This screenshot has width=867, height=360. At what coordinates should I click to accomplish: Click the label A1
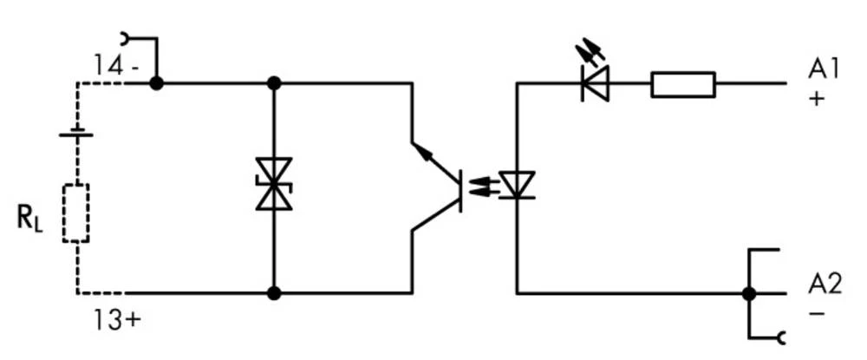(x=825, y=69)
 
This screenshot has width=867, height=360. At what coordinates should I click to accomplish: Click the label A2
(x=825, y=284)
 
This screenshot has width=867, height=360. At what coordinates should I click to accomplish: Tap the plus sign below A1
(x=816, y=98)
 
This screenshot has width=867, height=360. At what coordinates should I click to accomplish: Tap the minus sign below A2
(x=816, y=312)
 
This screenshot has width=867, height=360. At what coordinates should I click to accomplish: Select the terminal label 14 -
(x=114, y=64)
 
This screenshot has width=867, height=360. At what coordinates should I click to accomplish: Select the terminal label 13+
(x=117, y=320)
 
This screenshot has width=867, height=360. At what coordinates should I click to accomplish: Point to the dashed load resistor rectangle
(x=76, y=213)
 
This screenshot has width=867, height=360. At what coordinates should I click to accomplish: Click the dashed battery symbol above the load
(x=76, y=134)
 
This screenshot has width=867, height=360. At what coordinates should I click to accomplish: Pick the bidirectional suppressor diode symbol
(x=274, y=184)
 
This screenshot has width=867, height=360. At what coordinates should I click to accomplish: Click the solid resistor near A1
(x=683, y=84)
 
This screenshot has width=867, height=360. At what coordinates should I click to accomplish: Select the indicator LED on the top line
(x=595, y=83)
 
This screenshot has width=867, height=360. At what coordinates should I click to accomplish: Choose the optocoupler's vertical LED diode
(x=518, y=185)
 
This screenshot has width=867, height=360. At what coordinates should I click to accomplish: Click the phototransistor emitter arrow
(x=425, y=154)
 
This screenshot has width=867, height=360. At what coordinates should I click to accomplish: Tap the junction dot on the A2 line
(x=747, y=294)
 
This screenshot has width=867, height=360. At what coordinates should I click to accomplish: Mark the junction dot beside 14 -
(x=156, y=83)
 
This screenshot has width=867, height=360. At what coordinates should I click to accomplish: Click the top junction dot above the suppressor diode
(x=274, y=83)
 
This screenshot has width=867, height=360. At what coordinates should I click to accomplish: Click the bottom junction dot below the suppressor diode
(x=274, y=294)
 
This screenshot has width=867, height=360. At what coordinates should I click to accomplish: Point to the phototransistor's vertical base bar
(x=460, y=188)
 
